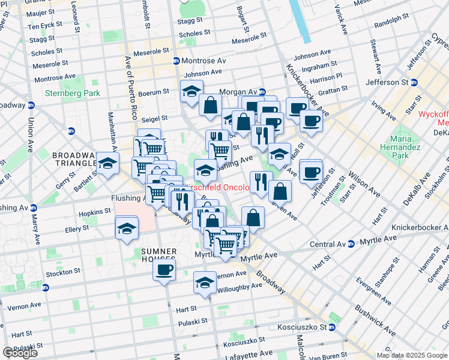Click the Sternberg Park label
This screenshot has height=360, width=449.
73,93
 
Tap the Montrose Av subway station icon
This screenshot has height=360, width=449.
176,61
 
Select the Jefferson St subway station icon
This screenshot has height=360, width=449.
414,82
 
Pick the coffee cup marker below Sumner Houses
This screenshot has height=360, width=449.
163,270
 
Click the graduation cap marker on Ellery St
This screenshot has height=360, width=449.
127,229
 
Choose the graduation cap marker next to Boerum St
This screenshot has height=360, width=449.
191,92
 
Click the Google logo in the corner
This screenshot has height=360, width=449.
20,353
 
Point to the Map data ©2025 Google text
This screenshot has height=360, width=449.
412,355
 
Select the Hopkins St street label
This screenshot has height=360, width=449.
94,211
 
